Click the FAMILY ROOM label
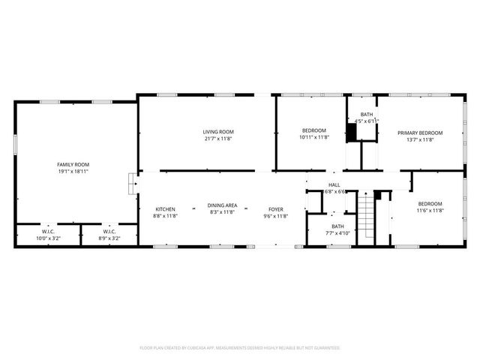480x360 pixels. (x=73, y=164)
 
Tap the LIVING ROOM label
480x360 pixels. (x=218, y=132)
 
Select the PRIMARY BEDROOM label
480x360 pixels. (x=420, y=133)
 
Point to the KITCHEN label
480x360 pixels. (x=166, y=208)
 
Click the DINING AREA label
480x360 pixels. (x=223, y=205)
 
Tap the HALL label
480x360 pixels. (x=334, y=184)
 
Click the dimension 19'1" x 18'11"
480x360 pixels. (x=73, y=171)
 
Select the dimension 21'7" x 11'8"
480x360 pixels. (x=218, y=138)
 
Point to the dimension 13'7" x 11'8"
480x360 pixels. (x=420, y=139)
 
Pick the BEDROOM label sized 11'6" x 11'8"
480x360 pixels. (x=430, y=204)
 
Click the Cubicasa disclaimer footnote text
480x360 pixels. (x=240, y=348)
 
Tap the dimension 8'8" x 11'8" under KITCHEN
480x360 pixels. (x=166, y=215)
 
